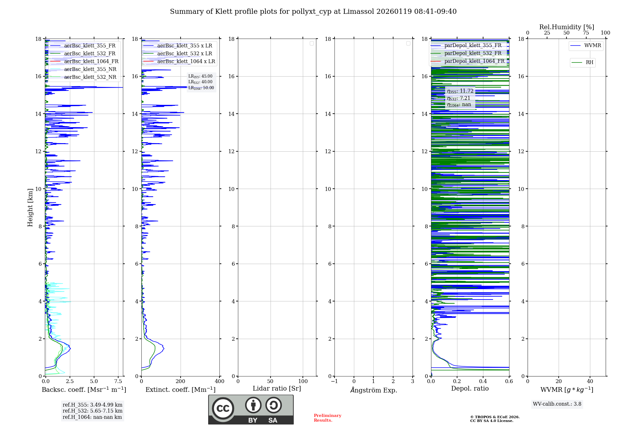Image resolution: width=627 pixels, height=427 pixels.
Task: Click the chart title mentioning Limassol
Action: click(313, 12)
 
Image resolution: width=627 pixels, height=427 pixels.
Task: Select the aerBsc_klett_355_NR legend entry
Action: click(90, 69)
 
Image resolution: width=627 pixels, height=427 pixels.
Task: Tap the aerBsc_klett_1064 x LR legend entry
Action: click(186, 61)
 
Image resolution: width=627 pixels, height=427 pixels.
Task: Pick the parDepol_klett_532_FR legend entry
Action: click(473, 53)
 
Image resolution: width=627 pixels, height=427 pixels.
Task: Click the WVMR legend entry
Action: click(593, 46)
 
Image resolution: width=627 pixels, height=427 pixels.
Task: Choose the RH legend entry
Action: click(589, 62)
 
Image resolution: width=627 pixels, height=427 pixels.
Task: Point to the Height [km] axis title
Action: click(30, 208)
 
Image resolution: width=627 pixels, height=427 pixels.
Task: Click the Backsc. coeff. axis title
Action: click(84, 390)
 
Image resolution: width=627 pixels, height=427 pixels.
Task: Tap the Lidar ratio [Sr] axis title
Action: click(277, 388)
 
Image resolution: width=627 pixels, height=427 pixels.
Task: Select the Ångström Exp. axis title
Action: click(373, 390)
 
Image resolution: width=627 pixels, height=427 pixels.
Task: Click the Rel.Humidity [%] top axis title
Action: click(566, 27)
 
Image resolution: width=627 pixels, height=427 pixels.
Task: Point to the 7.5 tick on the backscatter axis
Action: click(118, 381)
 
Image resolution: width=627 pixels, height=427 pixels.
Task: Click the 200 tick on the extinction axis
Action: click(180, 381)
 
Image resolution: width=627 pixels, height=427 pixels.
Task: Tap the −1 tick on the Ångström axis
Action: click(334, 381)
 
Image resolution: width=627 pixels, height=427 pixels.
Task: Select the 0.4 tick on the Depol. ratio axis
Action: click(483, 381)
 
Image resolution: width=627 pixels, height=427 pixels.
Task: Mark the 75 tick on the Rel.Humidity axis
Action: click(586, 33)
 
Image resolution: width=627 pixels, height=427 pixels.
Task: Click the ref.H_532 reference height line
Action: click(92, 411)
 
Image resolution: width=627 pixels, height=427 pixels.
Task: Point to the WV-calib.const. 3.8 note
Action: click(557, 404)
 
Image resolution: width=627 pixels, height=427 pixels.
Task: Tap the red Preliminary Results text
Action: click(327, 418)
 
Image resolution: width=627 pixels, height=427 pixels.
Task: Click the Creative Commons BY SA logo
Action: click(251, 409)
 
